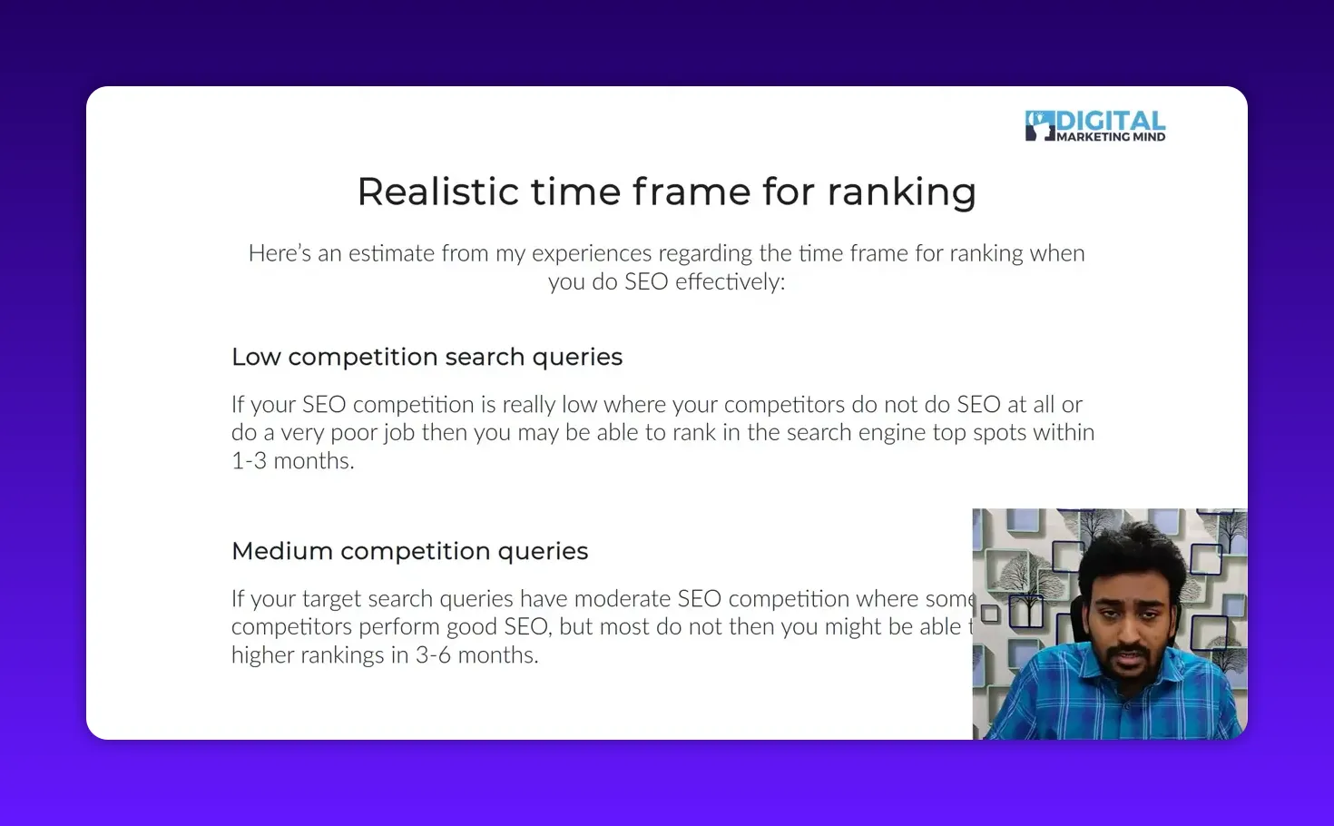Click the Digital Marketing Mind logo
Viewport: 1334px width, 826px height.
click(1095, 126)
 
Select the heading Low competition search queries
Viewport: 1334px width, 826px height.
click(427, 357)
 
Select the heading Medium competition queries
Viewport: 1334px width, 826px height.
click(409, 551)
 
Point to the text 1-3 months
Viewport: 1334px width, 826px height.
click(292, 461)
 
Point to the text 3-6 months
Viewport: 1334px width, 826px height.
click(476, 655)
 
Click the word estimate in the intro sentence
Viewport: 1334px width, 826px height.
click(392, 253)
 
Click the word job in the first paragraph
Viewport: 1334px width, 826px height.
click(398, 433)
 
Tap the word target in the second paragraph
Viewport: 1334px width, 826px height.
click(334, 599)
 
